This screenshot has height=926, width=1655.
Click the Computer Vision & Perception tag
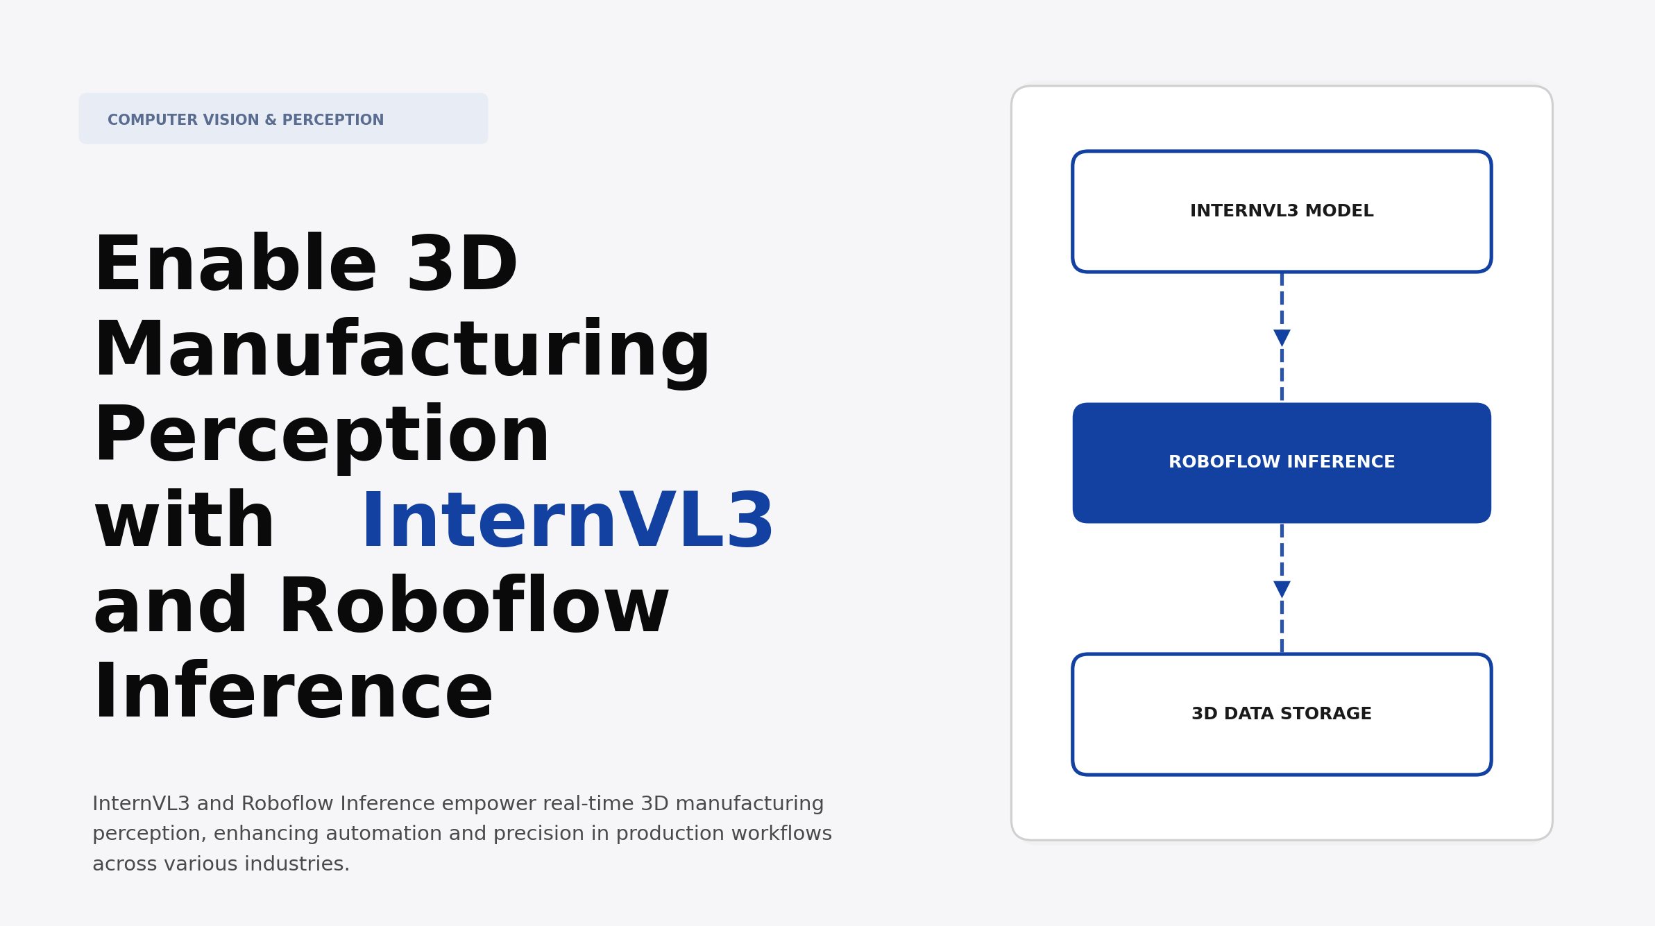click(283, 119)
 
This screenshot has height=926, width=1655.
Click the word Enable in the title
click(235, 265)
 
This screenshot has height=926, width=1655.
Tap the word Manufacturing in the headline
click(402, 351)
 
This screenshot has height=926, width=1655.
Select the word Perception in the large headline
click(321, 436)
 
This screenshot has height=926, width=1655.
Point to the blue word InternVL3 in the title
click(567, 522)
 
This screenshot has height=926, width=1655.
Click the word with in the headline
click(185, 522)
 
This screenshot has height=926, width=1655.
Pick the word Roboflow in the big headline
click(473, 608)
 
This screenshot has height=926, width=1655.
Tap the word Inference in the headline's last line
click(293, 693)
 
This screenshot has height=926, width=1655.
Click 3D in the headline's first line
click(462, 265)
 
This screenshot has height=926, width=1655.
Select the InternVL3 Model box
click(1281, 211)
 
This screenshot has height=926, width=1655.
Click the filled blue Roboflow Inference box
click(1281, 463)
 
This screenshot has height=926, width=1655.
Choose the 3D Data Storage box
click(1281, 714)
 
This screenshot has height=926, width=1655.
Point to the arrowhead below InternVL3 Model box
click(1282, 338)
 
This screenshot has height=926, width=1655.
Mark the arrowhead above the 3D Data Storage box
click(1282, 589)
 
